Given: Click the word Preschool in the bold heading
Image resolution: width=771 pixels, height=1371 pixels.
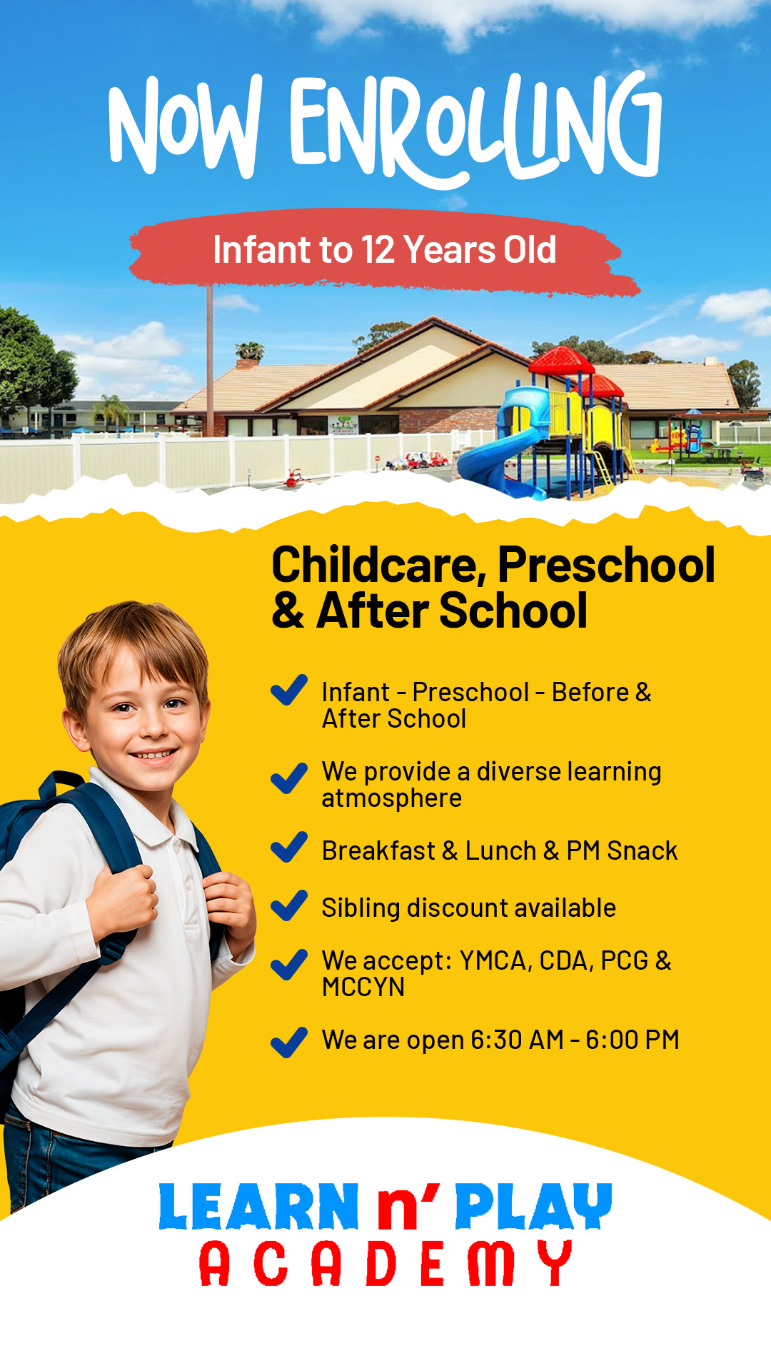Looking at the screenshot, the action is [606, 565].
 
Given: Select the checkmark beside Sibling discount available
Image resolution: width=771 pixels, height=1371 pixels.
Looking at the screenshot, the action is [289, 906].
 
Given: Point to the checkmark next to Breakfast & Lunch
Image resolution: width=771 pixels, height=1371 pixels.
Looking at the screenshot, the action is [289, 848].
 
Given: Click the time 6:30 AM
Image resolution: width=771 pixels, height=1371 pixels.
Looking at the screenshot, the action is [518, 1040].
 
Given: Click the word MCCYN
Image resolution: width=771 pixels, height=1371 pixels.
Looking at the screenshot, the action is [363, 987].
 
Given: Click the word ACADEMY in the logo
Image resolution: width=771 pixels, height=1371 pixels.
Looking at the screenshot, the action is [385, 1263].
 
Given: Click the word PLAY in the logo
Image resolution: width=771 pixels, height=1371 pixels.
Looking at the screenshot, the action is [533, 1206].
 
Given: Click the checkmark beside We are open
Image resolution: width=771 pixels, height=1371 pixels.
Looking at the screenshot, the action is [289, 1043].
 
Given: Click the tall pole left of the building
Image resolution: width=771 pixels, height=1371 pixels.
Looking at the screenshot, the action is [210, 361].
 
